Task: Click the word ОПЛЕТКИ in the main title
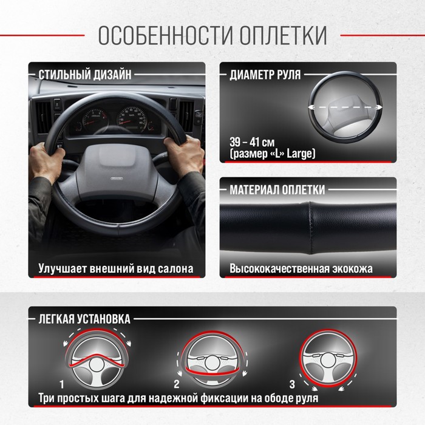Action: click(283, 35)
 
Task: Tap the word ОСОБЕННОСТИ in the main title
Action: click(165, 35)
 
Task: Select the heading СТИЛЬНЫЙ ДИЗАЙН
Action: click(85, 75)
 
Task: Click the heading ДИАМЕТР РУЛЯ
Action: click(265, 75)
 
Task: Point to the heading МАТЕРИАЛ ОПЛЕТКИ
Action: click(277, 189)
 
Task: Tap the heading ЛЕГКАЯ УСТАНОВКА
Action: click(84, 319)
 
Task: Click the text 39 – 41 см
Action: click(252, 142)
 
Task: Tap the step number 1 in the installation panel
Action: click(62, 384)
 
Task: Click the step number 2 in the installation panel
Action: click(177, 384)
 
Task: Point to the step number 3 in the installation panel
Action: click(292, 384)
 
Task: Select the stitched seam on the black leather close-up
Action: click(310, 228)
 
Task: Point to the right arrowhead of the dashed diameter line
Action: click(379, 107)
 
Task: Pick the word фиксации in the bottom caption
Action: click(221, 398)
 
